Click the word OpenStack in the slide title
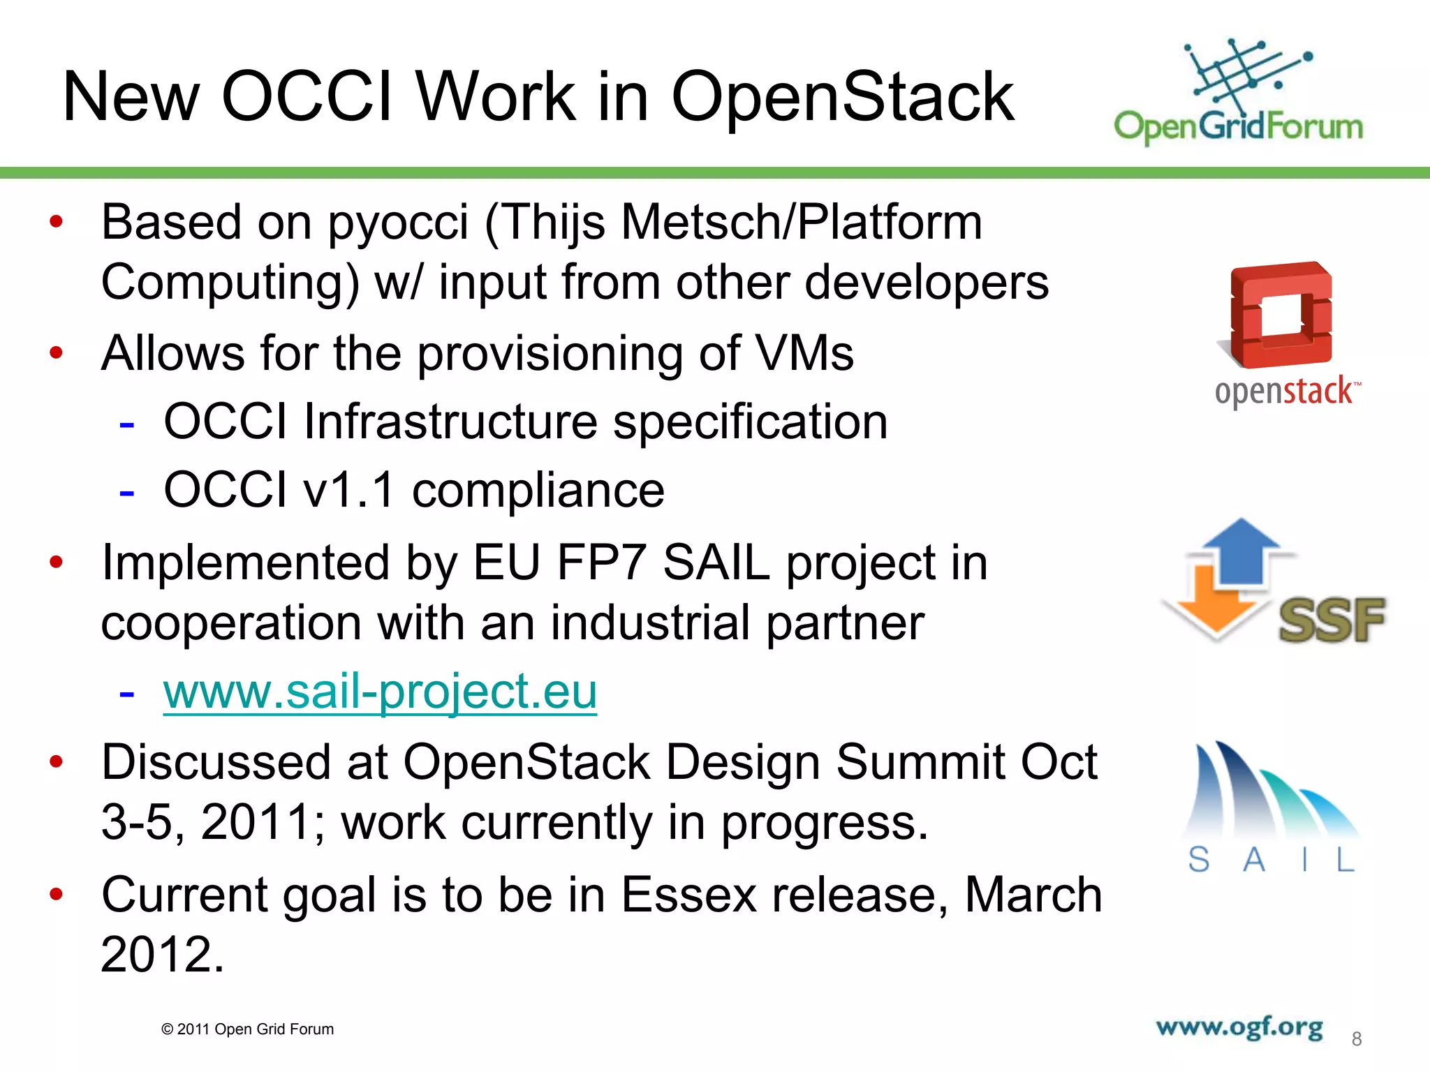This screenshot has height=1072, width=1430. pos(841,98)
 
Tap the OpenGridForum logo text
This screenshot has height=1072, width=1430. pos(1238,127)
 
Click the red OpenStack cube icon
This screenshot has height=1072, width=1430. pos(1281,315)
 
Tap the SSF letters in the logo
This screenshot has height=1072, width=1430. pos(1331,620)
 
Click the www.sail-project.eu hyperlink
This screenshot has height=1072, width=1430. pos(380,692)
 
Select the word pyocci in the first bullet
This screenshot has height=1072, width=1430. pos(398,223)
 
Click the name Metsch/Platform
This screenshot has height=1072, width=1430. pos(801,223)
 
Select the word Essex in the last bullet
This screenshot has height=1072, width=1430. pos(688,895)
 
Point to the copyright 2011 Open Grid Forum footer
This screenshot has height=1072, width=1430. pos(247,1029)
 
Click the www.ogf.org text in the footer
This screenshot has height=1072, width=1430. pos(1239,1027)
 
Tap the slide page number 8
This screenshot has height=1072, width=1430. pos(1356,1039)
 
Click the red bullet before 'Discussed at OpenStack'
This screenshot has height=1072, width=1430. pos(57,761)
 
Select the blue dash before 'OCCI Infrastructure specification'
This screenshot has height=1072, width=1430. pos(126,424)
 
